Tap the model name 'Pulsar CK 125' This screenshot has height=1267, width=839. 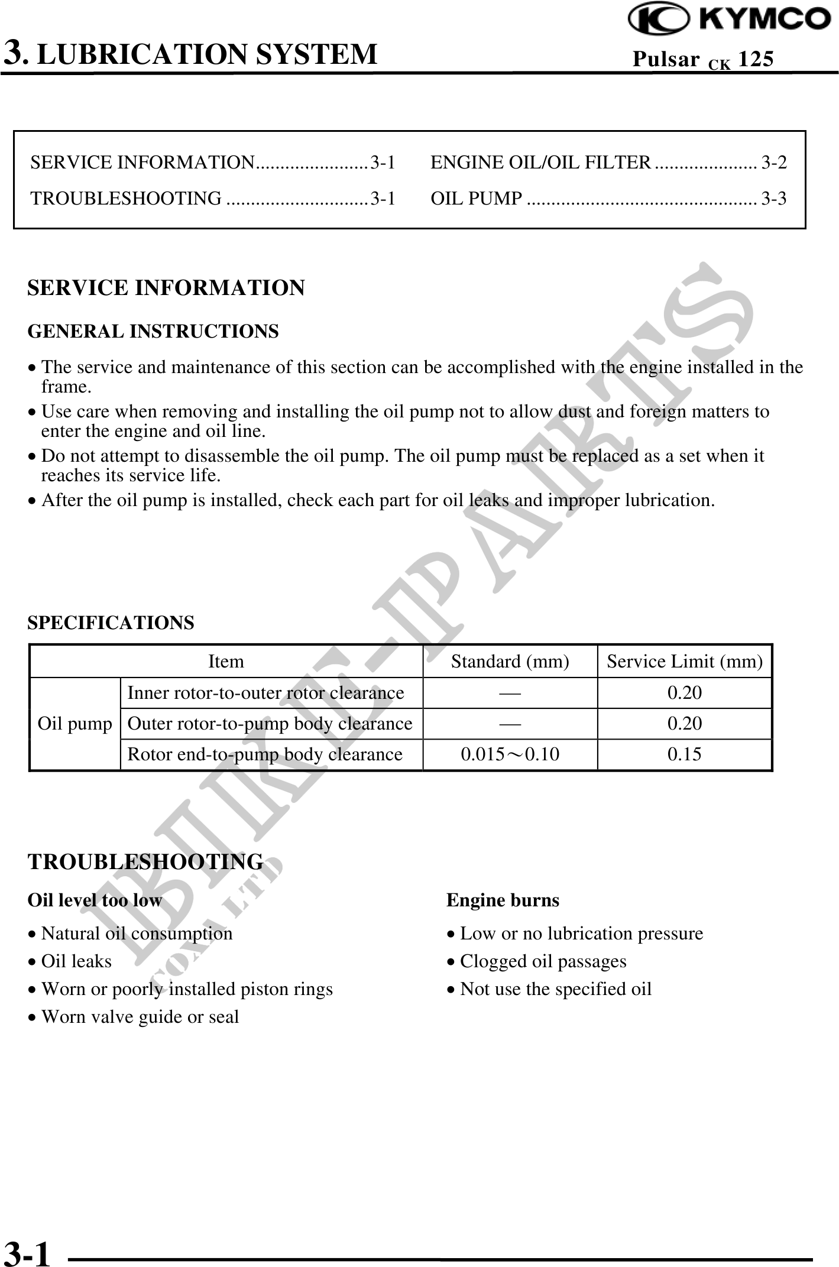click(x=702, y=59)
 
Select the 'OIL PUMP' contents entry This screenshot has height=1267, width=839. click(x=477, y=199)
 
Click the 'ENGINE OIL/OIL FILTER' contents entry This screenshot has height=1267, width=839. click(x=540, y=162)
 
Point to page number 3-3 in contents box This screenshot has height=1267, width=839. click(x=773, y=199)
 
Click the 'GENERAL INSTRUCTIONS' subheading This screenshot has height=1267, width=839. click(x=153, y=332)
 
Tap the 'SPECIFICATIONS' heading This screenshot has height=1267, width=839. click(x=111, y=623)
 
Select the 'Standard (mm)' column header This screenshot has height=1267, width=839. click(x=510, y=661)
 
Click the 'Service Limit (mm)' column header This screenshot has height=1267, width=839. click(x=685, y=661)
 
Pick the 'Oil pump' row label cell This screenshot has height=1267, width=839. click(x=74, y=724)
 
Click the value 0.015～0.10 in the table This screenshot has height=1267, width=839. click(x=510, y=754)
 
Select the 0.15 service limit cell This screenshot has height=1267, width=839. click(x=684, y=754)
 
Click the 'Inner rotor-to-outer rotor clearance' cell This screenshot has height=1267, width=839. click(x=265, y=692)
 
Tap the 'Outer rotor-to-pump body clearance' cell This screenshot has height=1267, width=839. click(x=270, y=724)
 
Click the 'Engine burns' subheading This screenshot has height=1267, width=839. click(x=503, y=900)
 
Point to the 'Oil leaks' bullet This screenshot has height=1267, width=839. click(x=76, y=961)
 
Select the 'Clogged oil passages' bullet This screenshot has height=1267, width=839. click(x=542, y=961)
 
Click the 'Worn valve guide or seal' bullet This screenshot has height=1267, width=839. click(x=140, y=1017)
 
